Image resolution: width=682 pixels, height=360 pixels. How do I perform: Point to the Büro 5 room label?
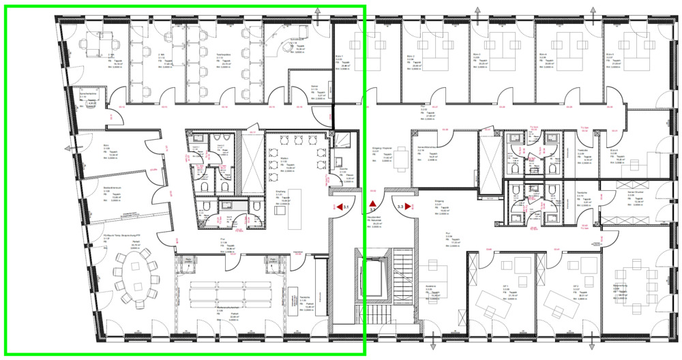pyautogui.click(x=608, y=55)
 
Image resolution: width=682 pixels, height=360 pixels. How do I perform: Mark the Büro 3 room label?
pyautogui.click(x=475, y=55)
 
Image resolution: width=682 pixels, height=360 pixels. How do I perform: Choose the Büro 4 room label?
pyautogui.click(x=542, y=55)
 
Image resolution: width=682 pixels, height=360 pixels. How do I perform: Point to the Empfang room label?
pyautogui.click(x=280, y=193)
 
